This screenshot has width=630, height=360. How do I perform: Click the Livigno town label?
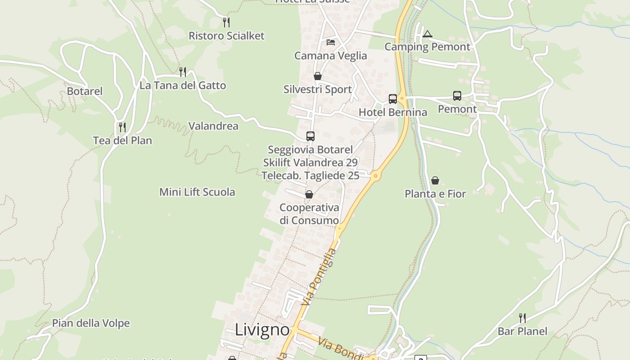[262, 330]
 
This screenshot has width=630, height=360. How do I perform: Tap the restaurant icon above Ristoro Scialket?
[226, 22]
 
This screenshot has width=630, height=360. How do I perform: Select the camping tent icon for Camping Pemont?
[427, 34]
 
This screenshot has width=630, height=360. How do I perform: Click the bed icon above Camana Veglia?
[331, 42]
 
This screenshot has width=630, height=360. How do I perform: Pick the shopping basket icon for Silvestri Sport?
[318, 76]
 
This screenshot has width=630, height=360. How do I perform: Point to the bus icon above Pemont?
[457, 96]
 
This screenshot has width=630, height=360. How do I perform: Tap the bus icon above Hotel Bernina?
[393, 99]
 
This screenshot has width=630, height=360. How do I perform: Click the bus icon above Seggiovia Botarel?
[310, 136]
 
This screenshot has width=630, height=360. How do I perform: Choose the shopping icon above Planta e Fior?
[435, 180]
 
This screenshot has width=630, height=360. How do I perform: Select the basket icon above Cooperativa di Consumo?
[309, 194]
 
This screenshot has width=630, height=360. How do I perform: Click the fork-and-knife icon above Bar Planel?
[522, 318]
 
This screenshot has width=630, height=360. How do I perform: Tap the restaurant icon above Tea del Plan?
[122, 127]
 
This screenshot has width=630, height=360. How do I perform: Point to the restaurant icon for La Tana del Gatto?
[183, 72]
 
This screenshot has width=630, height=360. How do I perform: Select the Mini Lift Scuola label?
[197, 192]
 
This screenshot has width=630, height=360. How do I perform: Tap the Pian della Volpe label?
[91, 323]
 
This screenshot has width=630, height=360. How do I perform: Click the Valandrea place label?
[213, 126]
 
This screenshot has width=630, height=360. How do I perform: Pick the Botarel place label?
[85, 91]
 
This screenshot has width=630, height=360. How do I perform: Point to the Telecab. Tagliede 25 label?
[310, 175]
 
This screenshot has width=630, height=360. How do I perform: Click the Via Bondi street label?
[340, 349]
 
